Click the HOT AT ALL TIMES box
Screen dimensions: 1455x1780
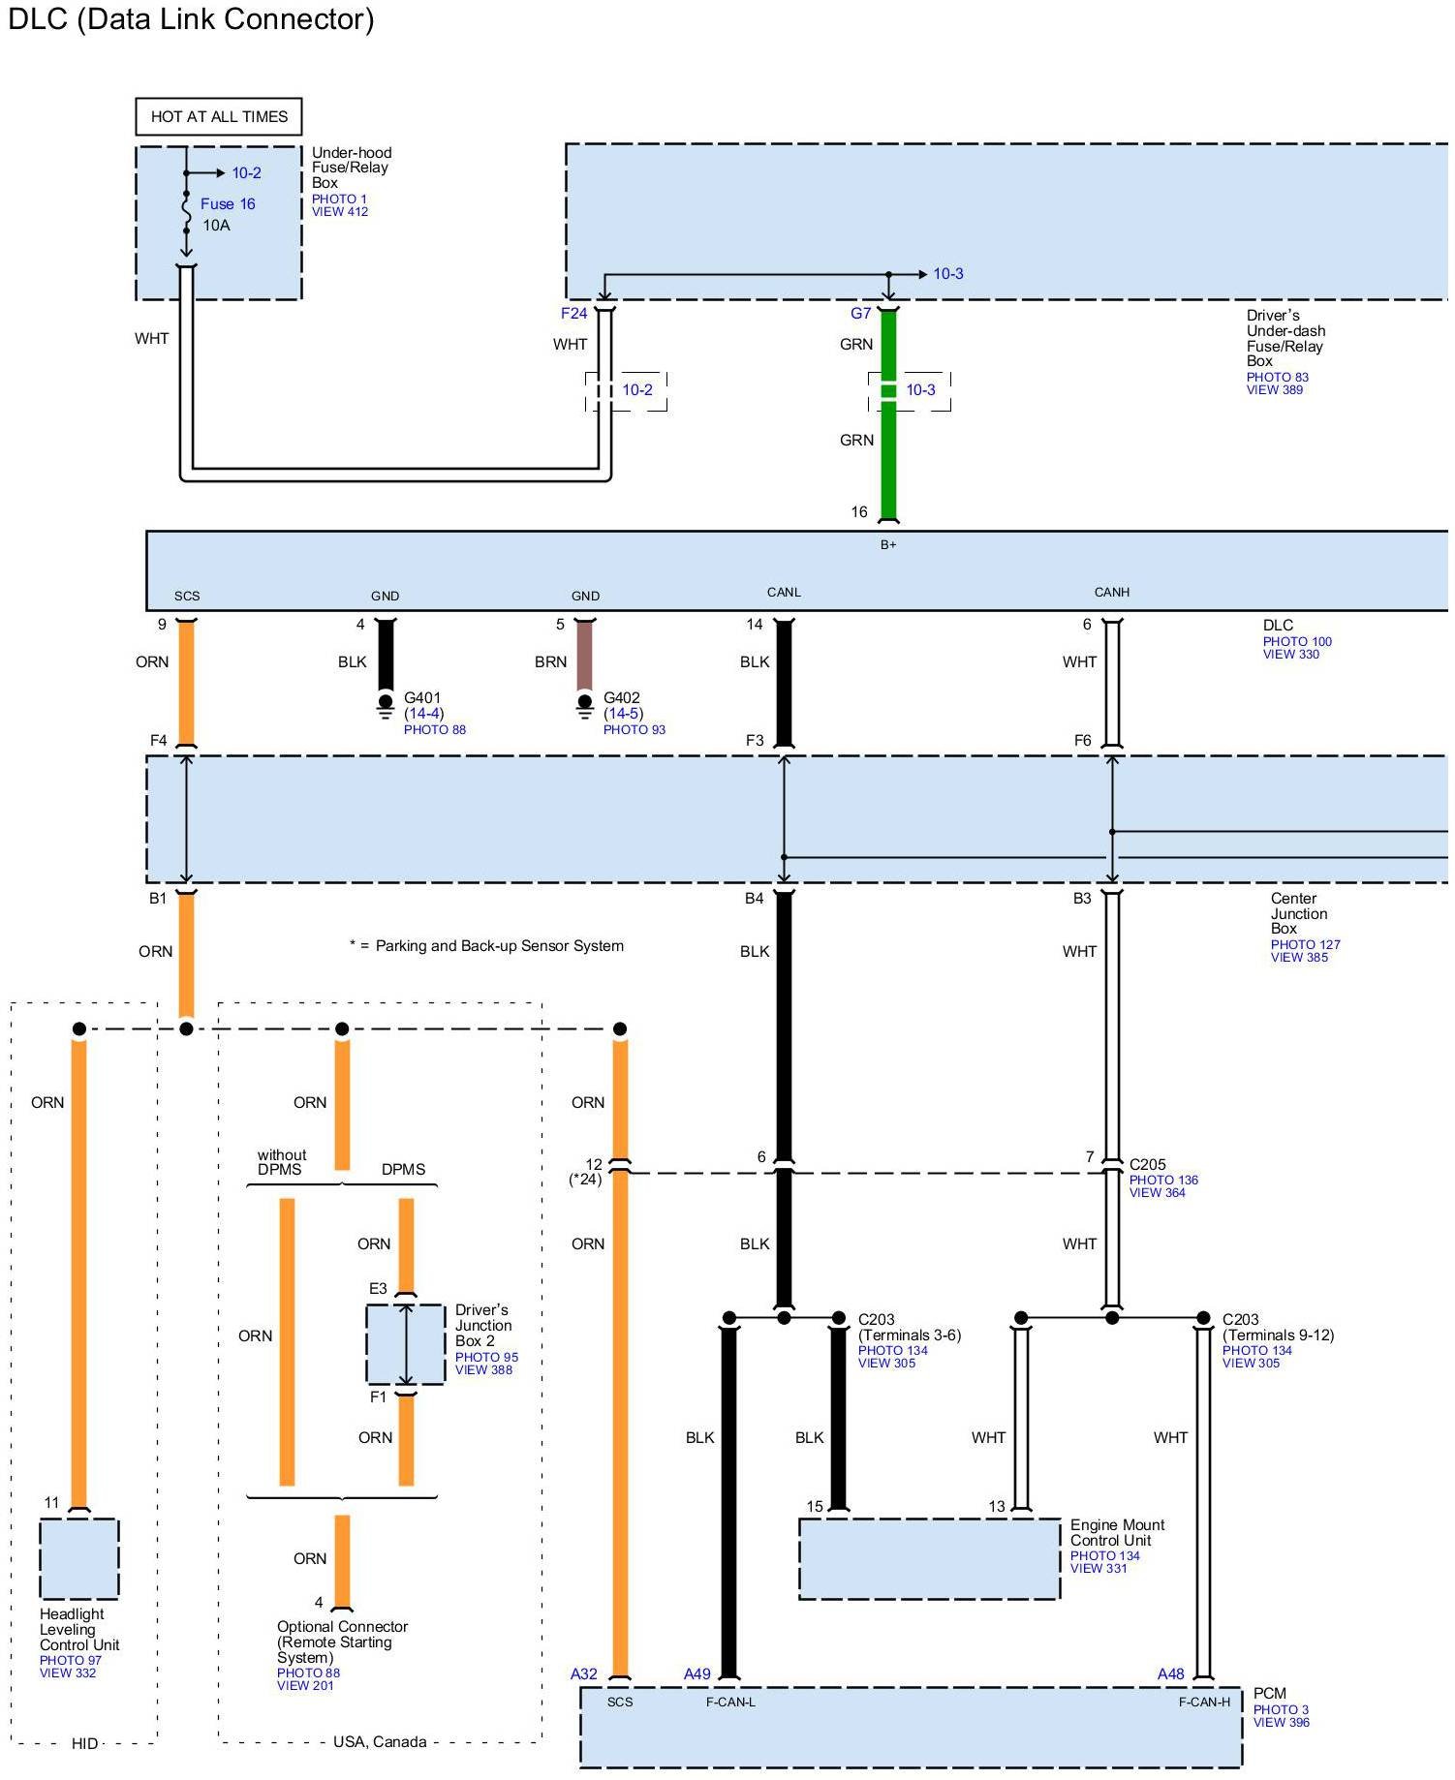(219, 116)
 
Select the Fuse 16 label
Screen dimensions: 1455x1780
(228, 203)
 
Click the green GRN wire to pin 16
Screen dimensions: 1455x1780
(888, 416)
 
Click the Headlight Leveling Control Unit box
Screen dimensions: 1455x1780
(79, 1558)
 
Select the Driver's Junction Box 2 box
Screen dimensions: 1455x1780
(406, 1344)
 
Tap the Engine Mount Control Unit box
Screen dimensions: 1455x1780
(930, 1558)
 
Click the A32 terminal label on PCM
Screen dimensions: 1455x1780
(584, 1673)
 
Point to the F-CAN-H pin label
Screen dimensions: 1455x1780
(1204, 1702)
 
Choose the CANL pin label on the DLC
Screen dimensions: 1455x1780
(784, 592)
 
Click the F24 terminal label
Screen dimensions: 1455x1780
(573, 313)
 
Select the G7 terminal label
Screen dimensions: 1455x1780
(860, 313)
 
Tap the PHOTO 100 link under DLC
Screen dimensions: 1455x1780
(1297, 641)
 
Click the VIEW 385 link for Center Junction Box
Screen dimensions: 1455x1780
(1299, 957)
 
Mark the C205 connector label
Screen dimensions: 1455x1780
(1148, 1164)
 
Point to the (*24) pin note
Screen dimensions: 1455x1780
(585, 1179)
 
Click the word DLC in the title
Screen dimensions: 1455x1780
(38, 19)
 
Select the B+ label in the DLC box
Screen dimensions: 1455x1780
(888, 544)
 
